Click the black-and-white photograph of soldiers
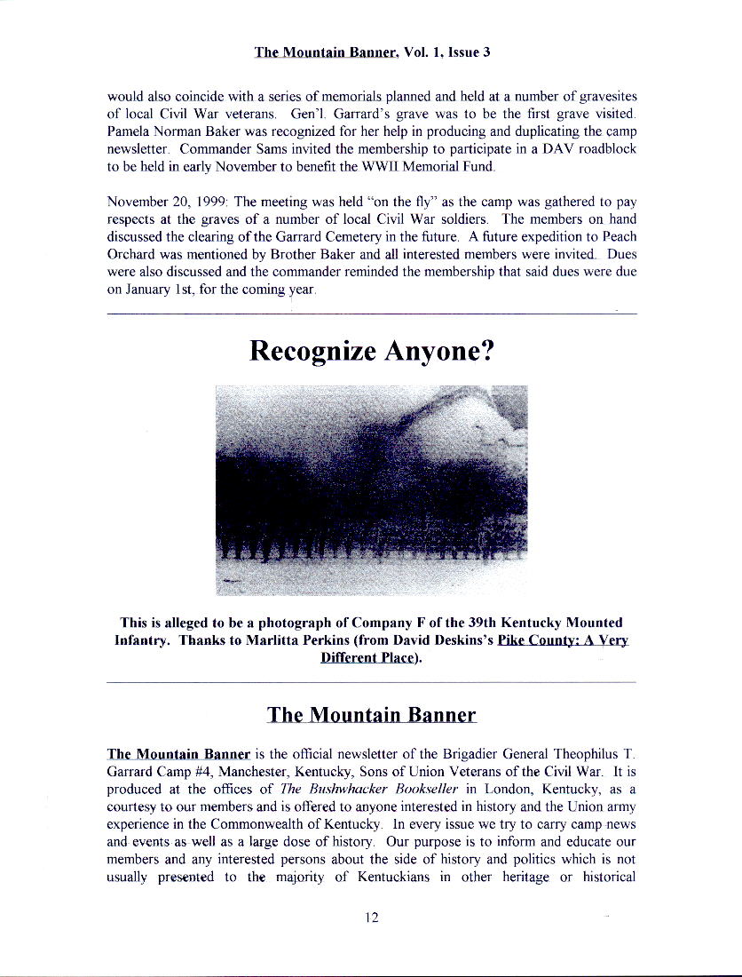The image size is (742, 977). click(371, 490)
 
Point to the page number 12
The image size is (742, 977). click(371, 917)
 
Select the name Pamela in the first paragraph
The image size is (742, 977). click(130, 131)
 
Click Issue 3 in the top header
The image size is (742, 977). click(470, 52)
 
